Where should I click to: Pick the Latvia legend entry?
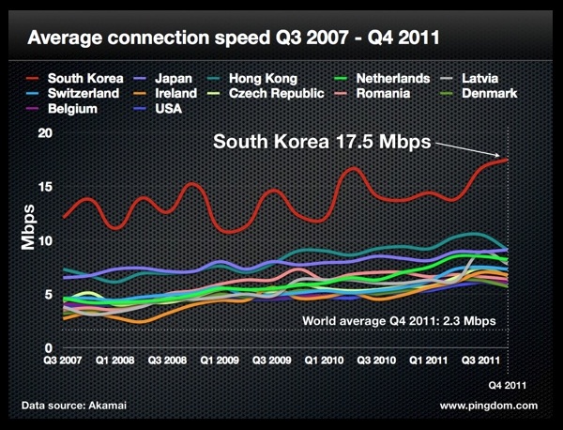[494, 79]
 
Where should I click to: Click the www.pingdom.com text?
[488, 406]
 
